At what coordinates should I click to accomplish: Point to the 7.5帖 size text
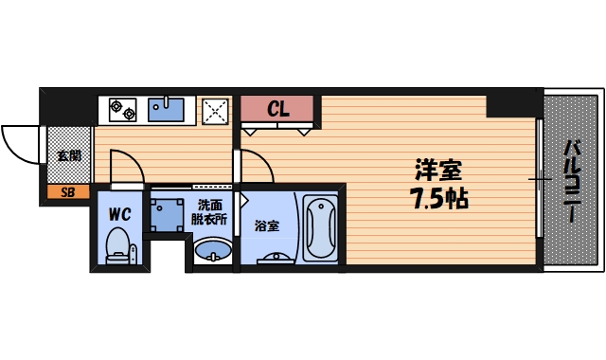click(438, 200)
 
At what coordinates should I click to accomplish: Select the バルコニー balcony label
click(572, 181)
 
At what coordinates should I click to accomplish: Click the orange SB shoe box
click(67, 192)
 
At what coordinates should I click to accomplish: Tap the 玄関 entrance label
click(68, 155)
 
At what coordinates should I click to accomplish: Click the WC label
click(118, 213)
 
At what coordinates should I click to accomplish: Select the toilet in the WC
click(119, 248)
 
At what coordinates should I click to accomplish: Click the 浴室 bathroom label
click(267, 226)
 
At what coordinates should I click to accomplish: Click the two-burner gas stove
click(123, 110)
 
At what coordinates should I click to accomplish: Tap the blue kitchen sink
click(171, 109)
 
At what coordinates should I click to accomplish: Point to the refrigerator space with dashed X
click(215, 110)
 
